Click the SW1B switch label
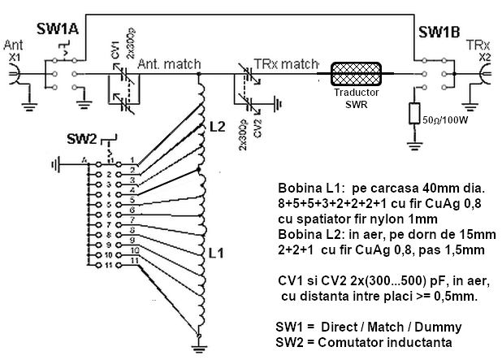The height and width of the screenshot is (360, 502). (x=439, y=33)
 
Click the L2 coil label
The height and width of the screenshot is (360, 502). (x=217, y=127)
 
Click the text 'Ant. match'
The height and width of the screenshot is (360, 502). (x=166, y=63)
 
